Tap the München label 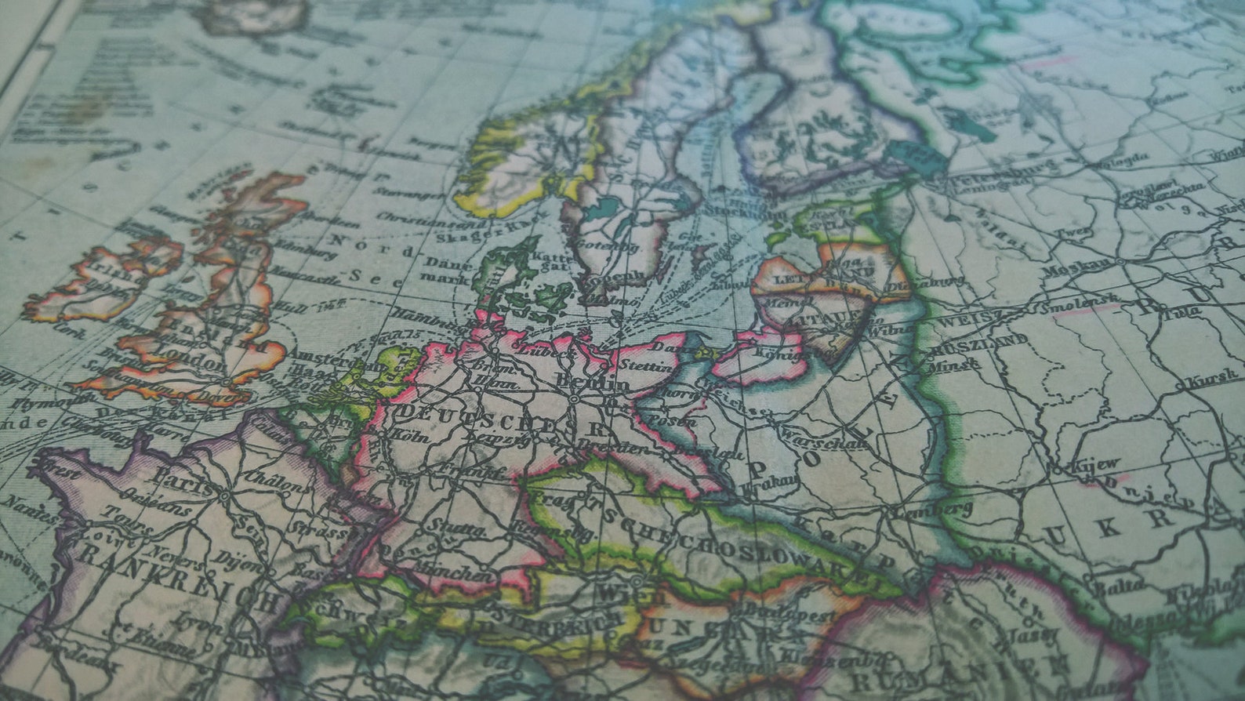(459, 574)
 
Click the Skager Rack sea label (474, 234)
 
